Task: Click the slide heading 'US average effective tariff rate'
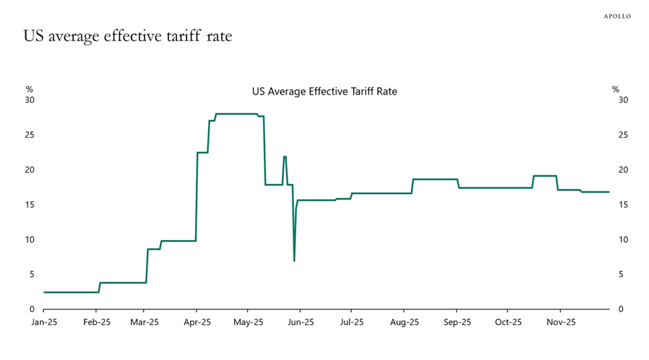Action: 128,36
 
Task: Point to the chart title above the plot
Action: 324,91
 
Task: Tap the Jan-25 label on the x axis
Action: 44,321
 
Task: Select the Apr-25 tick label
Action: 197,321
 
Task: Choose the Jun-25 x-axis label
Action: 300,321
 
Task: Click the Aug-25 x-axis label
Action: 404,321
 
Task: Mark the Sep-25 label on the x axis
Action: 457,321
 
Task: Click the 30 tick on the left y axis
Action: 30,100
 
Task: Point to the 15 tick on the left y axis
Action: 30,205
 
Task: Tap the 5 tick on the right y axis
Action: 622,274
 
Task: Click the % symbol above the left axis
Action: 29,89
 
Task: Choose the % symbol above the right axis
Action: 615,89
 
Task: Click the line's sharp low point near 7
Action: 294,261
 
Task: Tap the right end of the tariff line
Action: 609,192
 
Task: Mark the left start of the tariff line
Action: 44,292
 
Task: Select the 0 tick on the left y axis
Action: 32,309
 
